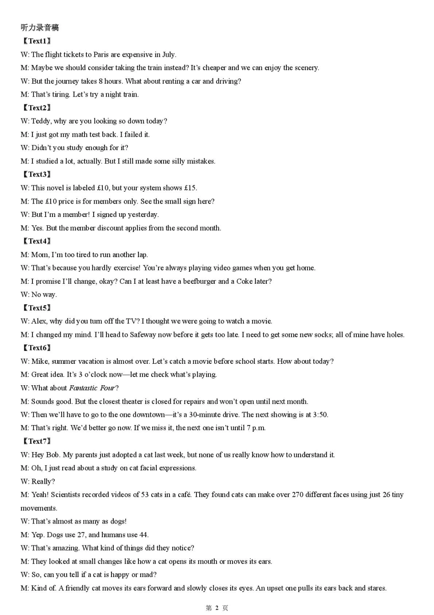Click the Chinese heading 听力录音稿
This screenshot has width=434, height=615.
click(40, 27)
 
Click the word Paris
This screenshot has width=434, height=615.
click(101, 54)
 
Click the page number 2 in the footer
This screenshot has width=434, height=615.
click(217, 608)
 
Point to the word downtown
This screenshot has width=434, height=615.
click(149, 415)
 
